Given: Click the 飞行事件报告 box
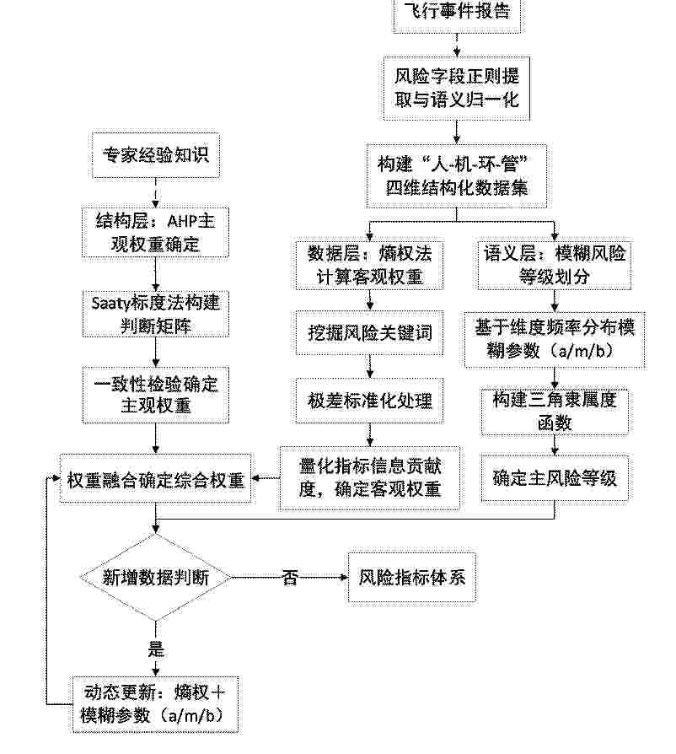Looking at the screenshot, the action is click(x=457, y=14).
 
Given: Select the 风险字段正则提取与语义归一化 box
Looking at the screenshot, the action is click(x=457, y=88).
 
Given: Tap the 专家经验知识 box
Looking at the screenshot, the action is click(x=156, y=156).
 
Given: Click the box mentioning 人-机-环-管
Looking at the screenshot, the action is click(x=457, y=175).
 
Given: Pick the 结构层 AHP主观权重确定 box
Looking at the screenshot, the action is click(x=156, y=232).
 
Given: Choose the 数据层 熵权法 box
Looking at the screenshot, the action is click(x=369, y=265).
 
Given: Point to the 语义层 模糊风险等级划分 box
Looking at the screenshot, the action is click(x=555, y=265).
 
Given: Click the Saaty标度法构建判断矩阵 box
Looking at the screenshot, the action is click(x=156, y=314).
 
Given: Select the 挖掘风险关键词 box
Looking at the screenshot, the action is click(x=369, y=333).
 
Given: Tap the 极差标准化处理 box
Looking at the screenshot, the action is click(x=369, y=401).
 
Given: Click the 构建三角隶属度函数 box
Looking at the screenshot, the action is click(x=555, y=412).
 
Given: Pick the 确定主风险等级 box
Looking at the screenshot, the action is click(x=555, y=478).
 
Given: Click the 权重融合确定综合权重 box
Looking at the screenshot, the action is click(x=156, y=479).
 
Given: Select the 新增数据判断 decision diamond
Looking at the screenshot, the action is click(x=156, y=577).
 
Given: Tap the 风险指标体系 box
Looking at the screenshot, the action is click(x=412, y=577).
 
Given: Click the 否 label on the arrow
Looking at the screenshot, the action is click(x=290, y=577).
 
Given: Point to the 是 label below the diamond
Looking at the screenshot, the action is click(x=156, y=649).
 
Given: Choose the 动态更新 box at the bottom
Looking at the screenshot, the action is click(x=155, y=705).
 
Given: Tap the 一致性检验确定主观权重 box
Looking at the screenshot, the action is click(x=156, y=395).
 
